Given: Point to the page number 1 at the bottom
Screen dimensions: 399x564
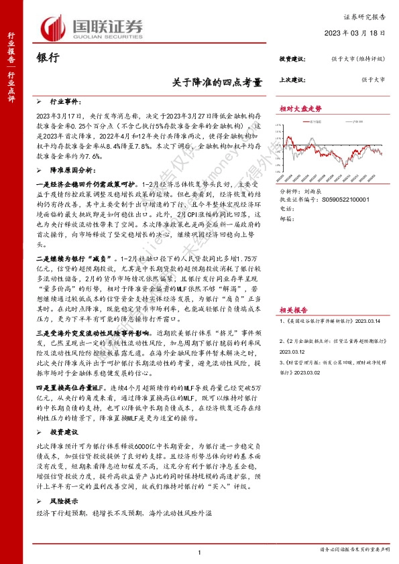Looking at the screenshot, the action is coord(200,551).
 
